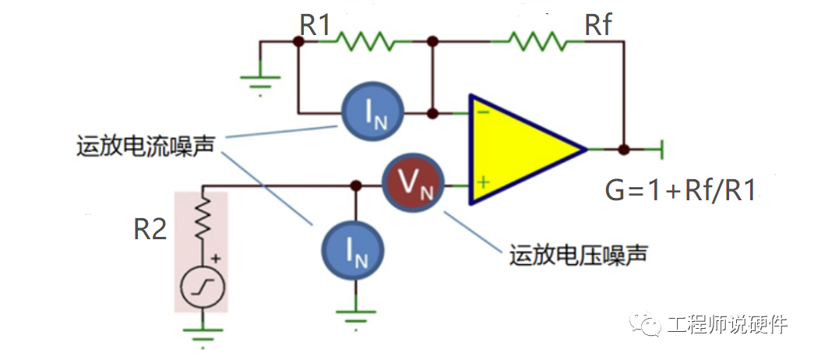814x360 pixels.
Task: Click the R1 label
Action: pos(315,25)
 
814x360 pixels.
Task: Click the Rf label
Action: pos(598,25)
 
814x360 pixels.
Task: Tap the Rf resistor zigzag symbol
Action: pos(534,41)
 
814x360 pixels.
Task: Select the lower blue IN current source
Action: pos(354,248)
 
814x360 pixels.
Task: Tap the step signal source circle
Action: pos(203,290)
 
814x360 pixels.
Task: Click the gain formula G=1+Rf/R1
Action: pos(680,190)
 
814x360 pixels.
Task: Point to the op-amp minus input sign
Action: pos(483,114)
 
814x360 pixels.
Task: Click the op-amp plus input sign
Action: pos(483,183)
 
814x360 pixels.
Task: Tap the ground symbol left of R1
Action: pos(260,79)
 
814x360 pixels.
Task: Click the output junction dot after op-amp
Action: pos(622,148)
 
